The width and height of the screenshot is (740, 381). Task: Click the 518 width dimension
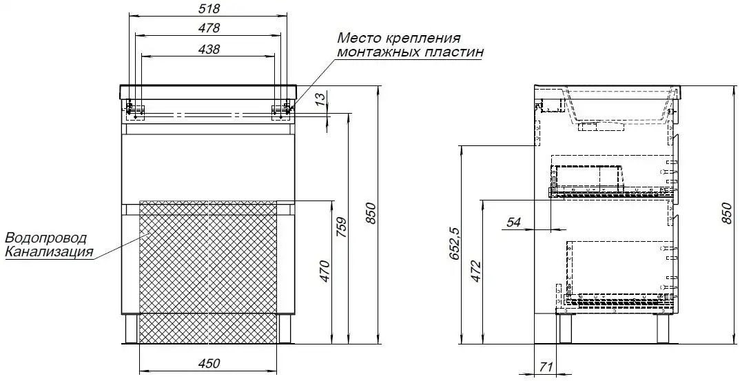point(208,8)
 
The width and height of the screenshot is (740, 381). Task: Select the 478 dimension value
point(208,28)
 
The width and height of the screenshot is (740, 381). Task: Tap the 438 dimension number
point(208,49)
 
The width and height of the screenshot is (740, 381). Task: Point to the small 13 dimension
point(320,99)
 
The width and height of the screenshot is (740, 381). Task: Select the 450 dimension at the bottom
point(208,363)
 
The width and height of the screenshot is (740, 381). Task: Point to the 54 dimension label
point(513,222)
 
